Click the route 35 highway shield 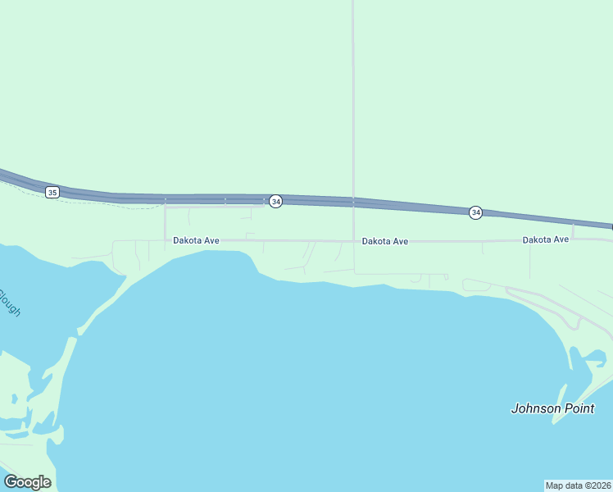[x=52, y=192]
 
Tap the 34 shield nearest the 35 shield [x=276, y=202]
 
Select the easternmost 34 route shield [x=476, y=213]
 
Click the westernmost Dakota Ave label [x=196, y=240]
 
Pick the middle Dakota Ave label [x=385, y=241]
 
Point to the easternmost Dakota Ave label [x=546, y=239]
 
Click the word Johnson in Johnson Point [x=537, y=408]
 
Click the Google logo [x=27, y=482]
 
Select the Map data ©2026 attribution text [x=578, y=485]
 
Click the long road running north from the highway [x=353, y=98]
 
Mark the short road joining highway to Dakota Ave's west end [x=166, y=221]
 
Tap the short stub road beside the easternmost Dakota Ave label [x=573, y=232]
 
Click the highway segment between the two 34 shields [x=377, y=203]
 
